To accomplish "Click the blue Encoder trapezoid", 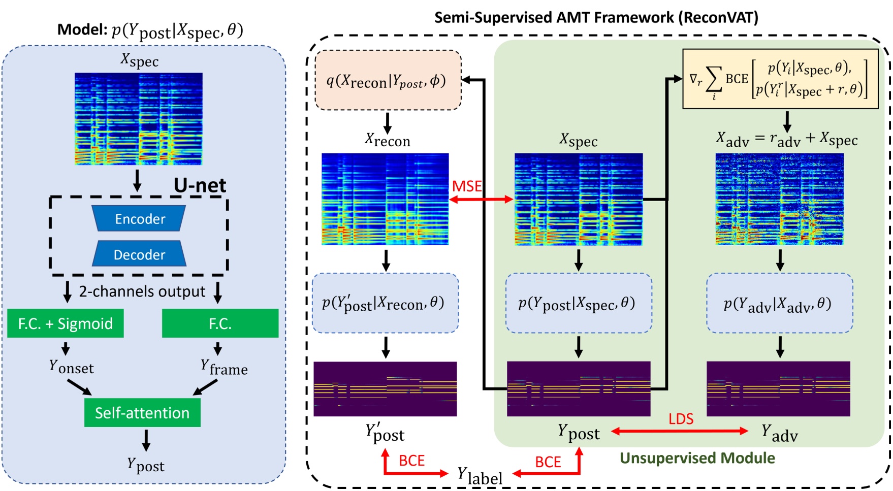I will (139, 219).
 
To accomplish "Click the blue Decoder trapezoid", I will (139, 254).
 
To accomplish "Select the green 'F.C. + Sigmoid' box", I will (66, 323).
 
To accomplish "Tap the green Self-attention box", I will (142, 412).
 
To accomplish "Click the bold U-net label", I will (200, 185).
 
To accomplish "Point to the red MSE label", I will (466, 186).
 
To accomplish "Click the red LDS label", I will (681, 419).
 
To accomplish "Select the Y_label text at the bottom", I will (480, 476).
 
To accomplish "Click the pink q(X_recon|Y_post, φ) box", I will (388, 80).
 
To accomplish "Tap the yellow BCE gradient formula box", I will (780, 79).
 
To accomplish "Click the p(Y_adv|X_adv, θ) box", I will (779, 304).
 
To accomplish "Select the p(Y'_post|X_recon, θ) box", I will (385, 304).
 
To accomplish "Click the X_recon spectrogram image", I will (385, 199).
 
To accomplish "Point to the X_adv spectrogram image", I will (779, 199).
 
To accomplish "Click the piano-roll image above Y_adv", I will (778, 389).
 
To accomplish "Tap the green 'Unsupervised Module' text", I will (697, 458).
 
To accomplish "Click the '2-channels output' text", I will (142, 291).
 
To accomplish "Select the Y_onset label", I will (71, 367).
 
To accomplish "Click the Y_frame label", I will (224, 367).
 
